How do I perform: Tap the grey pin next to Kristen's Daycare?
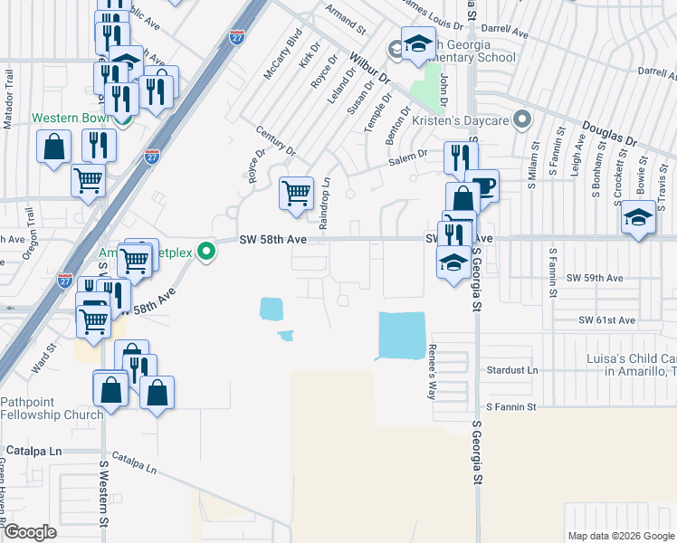click(520, 119)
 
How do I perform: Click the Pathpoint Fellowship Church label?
click(45, 408)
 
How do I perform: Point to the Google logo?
click(30, 532)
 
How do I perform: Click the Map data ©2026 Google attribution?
click(620, 535)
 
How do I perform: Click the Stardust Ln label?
click(512, 370)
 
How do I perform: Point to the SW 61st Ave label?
click(607, 320)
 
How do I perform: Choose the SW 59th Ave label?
click(595, 278)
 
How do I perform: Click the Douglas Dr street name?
click(609, 136)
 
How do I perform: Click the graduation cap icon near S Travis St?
click(638, 218)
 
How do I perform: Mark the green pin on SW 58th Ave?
click(207, 251)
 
